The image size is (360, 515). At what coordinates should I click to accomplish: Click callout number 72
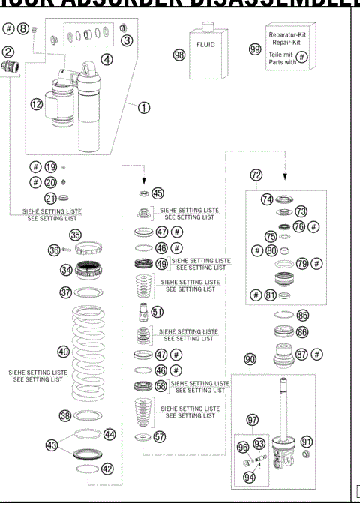coord(256,175)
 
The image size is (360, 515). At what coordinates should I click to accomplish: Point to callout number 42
coord(107,469)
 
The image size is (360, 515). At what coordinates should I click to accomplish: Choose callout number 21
coord(52,198)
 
